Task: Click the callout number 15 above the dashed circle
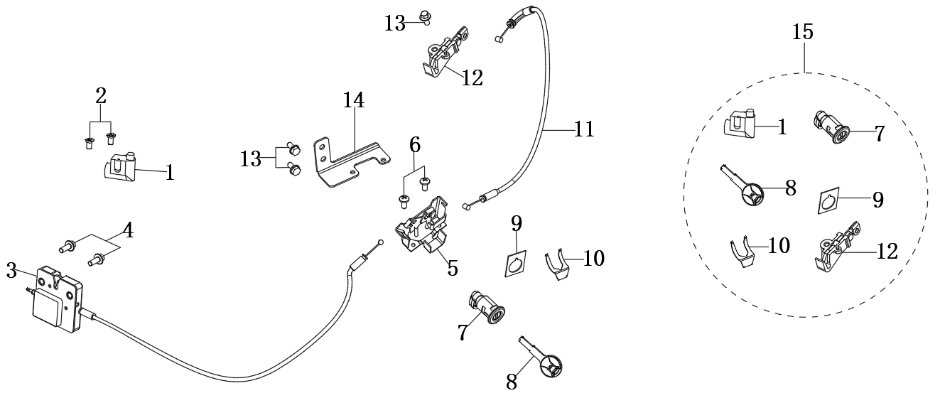point(804,32)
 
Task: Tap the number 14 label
point(353,101)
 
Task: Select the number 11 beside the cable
point(585,129)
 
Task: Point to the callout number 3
point(11,270)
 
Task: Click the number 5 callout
point(452,268)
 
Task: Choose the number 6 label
point(415,145)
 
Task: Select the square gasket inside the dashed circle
point(826,203)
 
